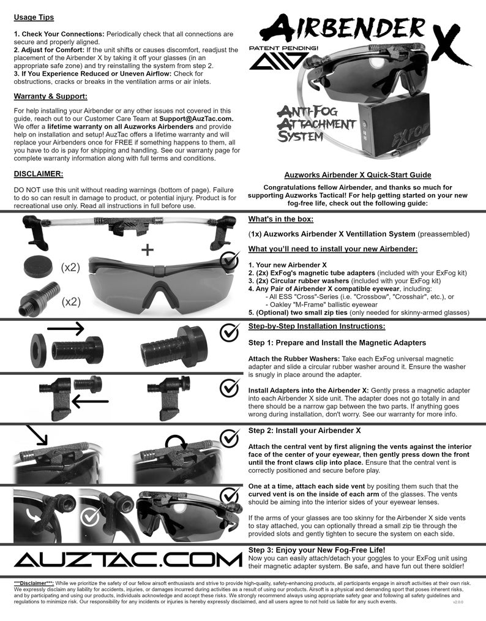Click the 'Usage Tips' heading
click(x=33, y=18)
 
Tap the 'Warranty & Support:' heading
click(x=50, y=96)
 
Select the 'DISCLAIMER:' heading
click(x=39, y=173)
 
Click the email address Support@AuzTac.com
click(x=196, y=118)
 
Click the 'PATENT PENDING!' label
click(x=276, y=47)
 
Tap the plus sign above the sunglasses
click(x=148, y=250)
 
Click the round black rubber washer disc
click(x=38, y=267)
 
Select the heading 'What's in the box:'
click(x=281, y=219)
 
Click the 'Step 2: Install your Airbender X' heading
click(x=304, y=431)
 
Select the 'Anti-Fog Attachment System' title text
click(x=316, y=123)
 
